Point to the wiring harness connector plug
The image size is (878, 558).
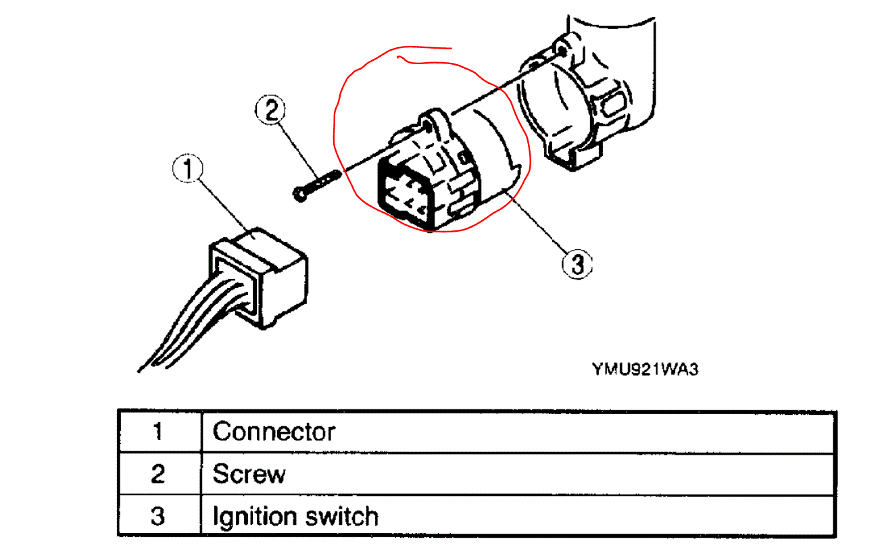pos(264,277)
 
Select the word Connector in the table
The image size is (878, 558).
pos(274,431)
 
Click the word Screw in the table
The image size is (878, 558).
pos(249,474)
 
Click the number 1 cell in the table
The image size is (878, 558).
pos(158,431)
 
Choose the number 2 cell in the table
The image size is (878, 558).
pos(158,474)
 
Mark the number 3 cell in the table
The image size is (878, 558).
pos(158,517)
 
